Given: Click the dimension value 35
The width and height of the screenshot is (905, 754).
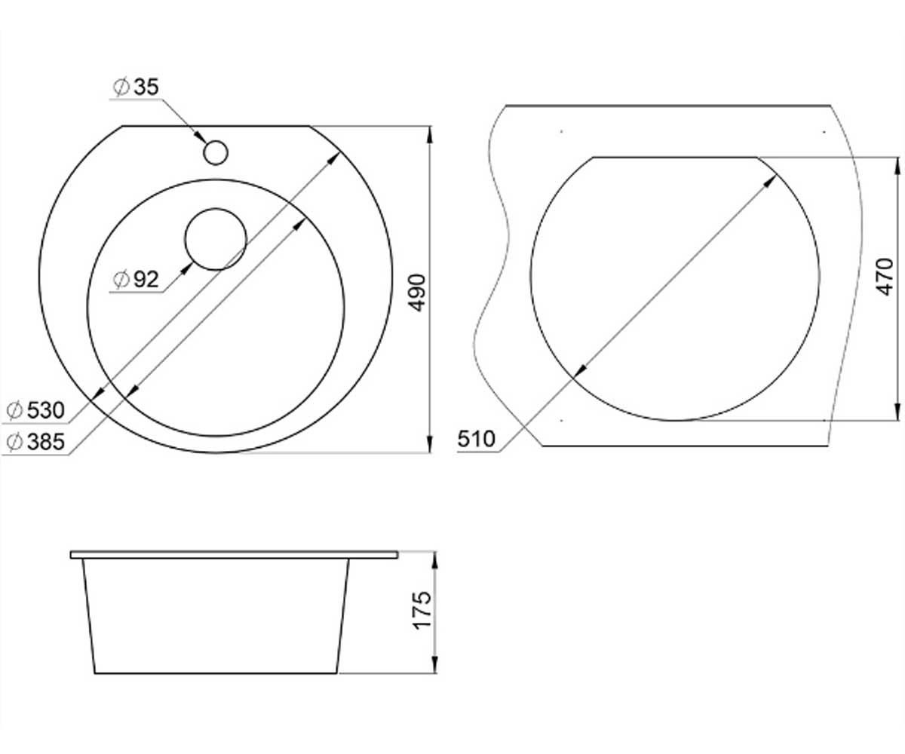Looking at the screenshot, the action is pos(146,87).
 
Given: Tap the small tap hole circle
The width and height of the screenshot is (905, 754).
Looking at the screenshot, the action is pos(216,152).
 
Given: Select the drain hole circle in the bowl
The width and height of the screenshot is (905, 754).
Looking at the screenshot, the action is pos(216,239).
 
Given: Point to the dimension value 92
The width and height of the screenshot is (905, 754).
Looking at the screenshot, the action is pos(146,280).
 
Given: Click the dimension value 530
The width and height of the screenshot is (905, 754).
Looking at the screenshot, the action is pos(45,410).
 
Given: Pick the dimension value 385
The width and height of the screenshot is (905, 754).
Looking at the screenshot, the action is pos(45,442).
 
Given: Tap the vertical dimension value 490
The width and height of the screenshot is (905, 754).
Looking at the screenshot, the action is pos(417,293).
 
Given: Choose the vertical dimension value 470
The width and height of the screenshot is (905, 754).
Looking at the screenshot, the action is pos(884,277).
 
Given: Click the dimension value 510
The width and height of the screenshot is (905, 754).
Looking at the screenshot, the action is pos(477,440).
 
